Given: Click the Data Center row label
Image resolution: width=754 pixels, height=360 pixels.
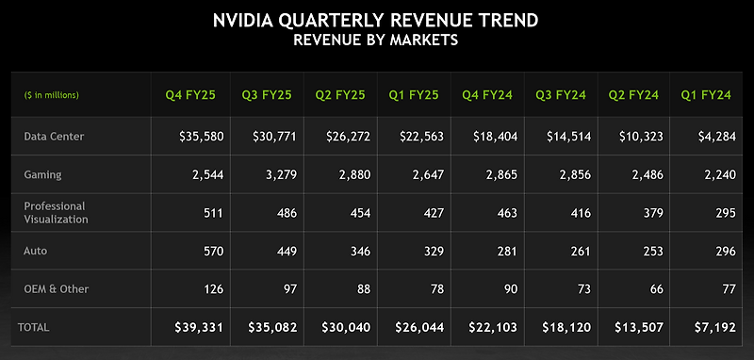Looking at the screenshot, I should click(x=54, y=137).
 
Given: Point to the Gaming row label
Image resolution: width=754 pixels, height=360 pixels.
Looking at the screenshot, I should click(x=42, y=174).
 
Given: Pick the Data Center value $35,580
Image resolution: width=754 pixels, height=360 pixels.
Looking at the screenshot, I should click(x=201, y=137).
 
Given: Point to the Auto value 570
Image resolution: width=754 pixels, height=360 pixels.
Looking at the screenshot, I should click(x=211, y=251).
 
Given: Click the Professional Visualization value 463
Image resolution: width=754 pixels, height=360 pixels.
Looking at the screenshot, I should click(x=505, y=212).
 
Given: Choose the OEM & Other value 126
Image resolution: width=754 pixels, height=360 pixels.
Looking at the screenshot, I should click(x=211, y=289).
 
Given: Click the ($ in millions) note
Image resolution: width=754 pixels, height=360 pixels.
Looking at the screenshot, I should click(x=51, y=95).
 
